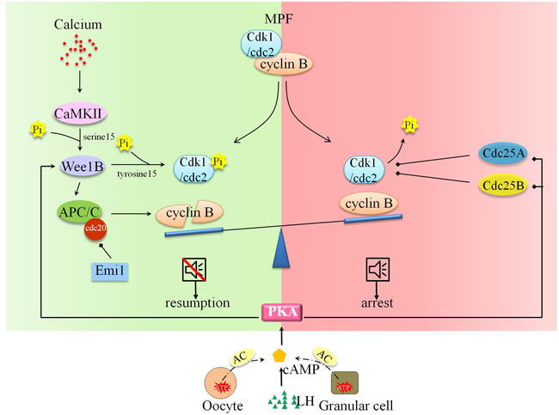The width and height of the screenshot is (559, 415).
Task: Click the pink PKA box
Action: (x=282, y=314)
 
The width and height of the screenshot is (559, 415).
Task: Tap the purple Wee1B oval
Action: (x=77, y=165)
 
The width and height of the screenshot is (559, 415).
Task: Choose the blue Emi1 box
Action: (x=110, y=274)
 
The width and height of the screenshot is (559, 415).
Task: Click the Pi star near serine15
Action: (x=37, y=130)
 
